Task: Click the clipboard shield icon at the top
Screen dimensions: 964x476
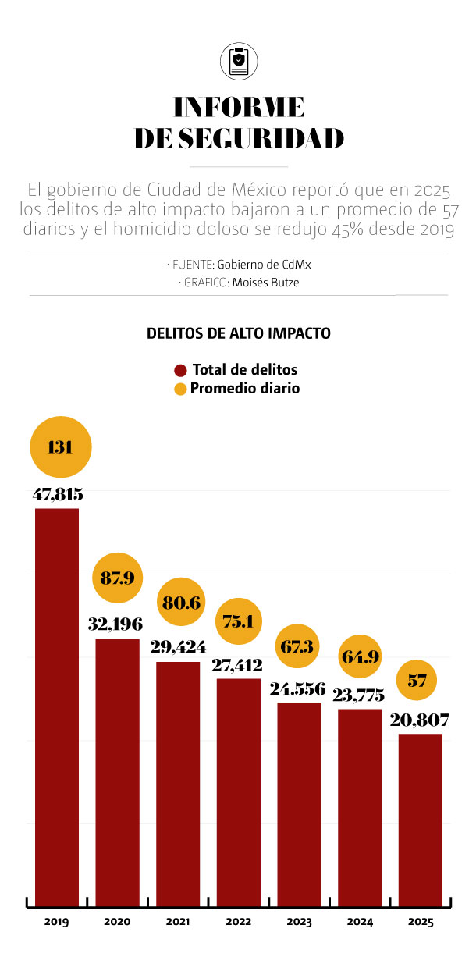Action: tap(238, 62)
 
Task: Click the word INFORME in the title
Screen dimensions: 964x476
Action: tap(238, 107)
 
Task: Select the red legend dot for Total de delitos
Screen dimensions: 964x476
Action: tap(181, 370)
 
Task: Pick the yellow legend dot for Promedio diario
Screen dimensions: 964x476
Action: tap(181, 388)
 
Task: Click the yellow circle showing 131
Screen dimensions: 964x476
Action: tap(61, 447)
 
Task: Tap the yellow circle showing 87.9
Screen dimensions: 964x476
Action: tap(117, 578)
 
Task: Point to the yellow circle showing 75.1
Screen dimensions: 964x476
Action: tap(238, 621)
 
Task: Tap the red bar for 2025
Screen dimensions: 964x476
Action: tap(420, 820)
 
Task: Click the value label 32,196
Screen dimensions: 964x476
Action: tap(117, 625)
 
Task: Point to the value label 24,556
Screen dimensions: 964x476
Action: tap(299, 689)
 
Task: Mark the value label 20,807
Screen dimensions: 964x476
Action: tap(420, 720)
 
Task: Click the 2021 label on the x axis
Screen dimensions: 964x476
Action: tap(178, 922)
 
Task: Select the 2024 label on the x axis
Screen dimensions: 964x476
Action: tap(360, 922)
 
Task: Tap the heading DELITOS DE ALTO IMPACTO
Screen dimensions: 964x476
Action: tap(238, 333)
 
